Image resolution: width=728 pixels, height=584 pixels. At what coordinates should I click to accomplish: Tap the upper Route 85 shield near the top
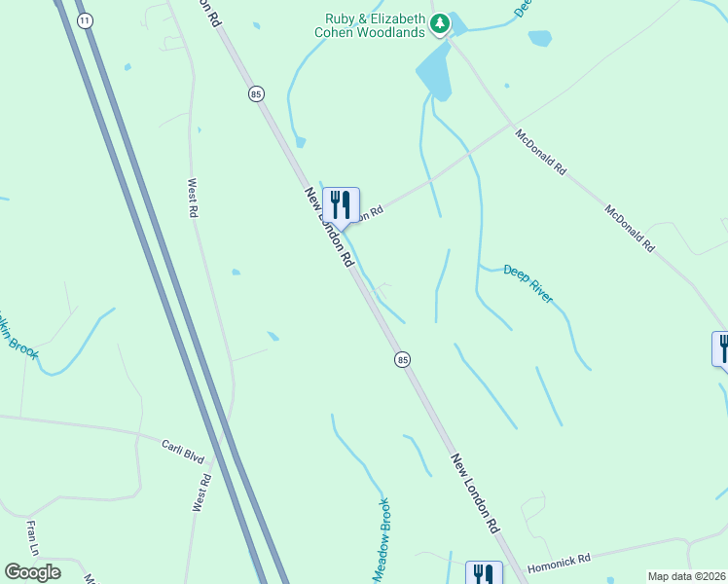256,93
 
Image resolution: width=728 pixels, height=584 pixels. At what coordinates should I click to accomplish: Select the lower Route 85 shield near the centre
402,360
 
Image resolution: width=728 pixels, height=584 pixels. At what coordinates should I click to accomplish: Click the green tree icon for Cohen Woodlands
440,21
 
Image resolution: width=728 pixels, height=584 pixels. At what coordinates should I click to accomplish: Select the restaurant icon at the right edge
721,348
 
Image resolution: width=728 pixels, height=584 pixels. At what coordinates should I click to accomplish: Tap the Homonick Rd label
559,562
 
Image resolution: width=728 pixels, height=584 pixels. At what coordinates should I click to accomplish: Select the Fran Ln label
32,537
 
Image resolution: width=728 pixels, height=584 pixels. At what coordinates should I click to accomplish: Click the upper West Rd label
193,198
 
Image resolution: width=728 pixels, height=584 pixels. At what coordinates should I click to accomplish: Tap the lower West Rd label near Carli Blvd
202,493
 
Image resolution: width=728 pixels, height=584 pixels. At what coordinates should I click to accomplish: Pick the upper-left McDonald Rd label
541,153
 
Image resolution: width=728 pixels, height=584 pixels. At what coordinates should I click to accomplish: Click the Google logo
32,572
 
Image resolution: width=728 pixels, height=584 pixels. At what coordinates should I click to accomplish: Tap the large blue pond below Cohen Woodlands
434,74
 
